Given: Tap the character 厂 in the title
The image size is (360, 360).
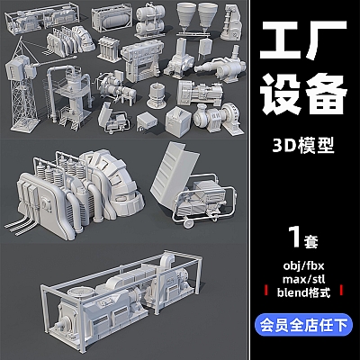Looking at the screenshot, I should [328, 41].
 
